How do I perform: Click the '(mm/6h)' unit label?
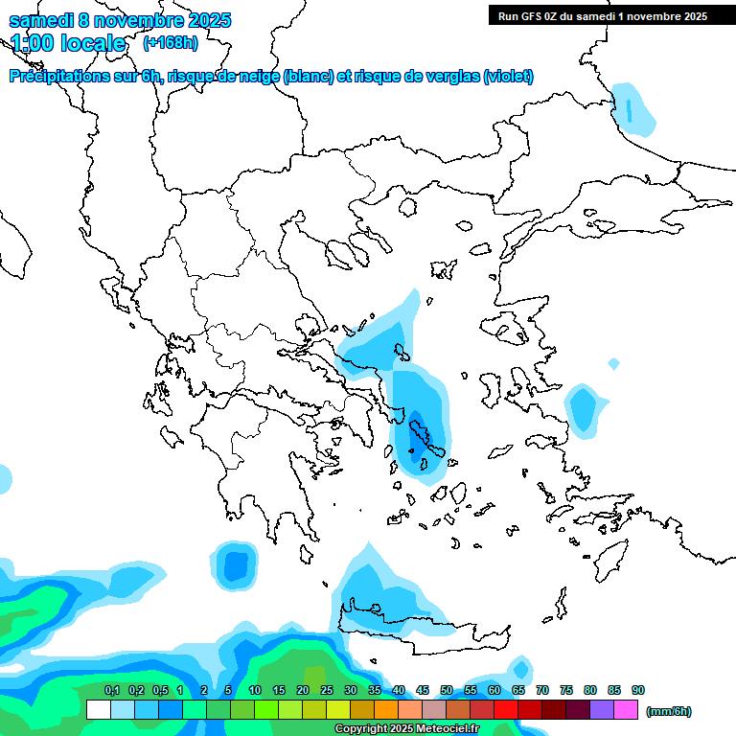[x=668, y=711]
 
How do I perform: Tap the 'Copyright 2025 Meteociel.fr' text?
[x=406, y=729]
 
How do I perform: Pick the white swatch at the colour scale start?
[x=98, y=710]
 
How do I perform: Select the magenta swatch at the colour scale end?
[x=627, y=710]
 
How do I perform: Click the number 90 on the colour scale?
[x=638, y=691]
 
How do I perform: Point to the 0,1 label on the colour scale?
[x=111, y=691]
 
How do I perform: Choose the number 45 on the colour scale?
[x=423, y=691]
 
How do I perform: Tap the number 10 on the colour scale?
[x=255, y=691]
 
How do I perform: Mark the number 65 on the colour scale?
[x=518, y=691]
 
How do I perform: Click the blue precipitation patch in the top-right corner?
[x=633, y=108]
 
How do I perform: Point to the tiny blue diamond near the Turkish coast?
[x=613, y=364]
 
